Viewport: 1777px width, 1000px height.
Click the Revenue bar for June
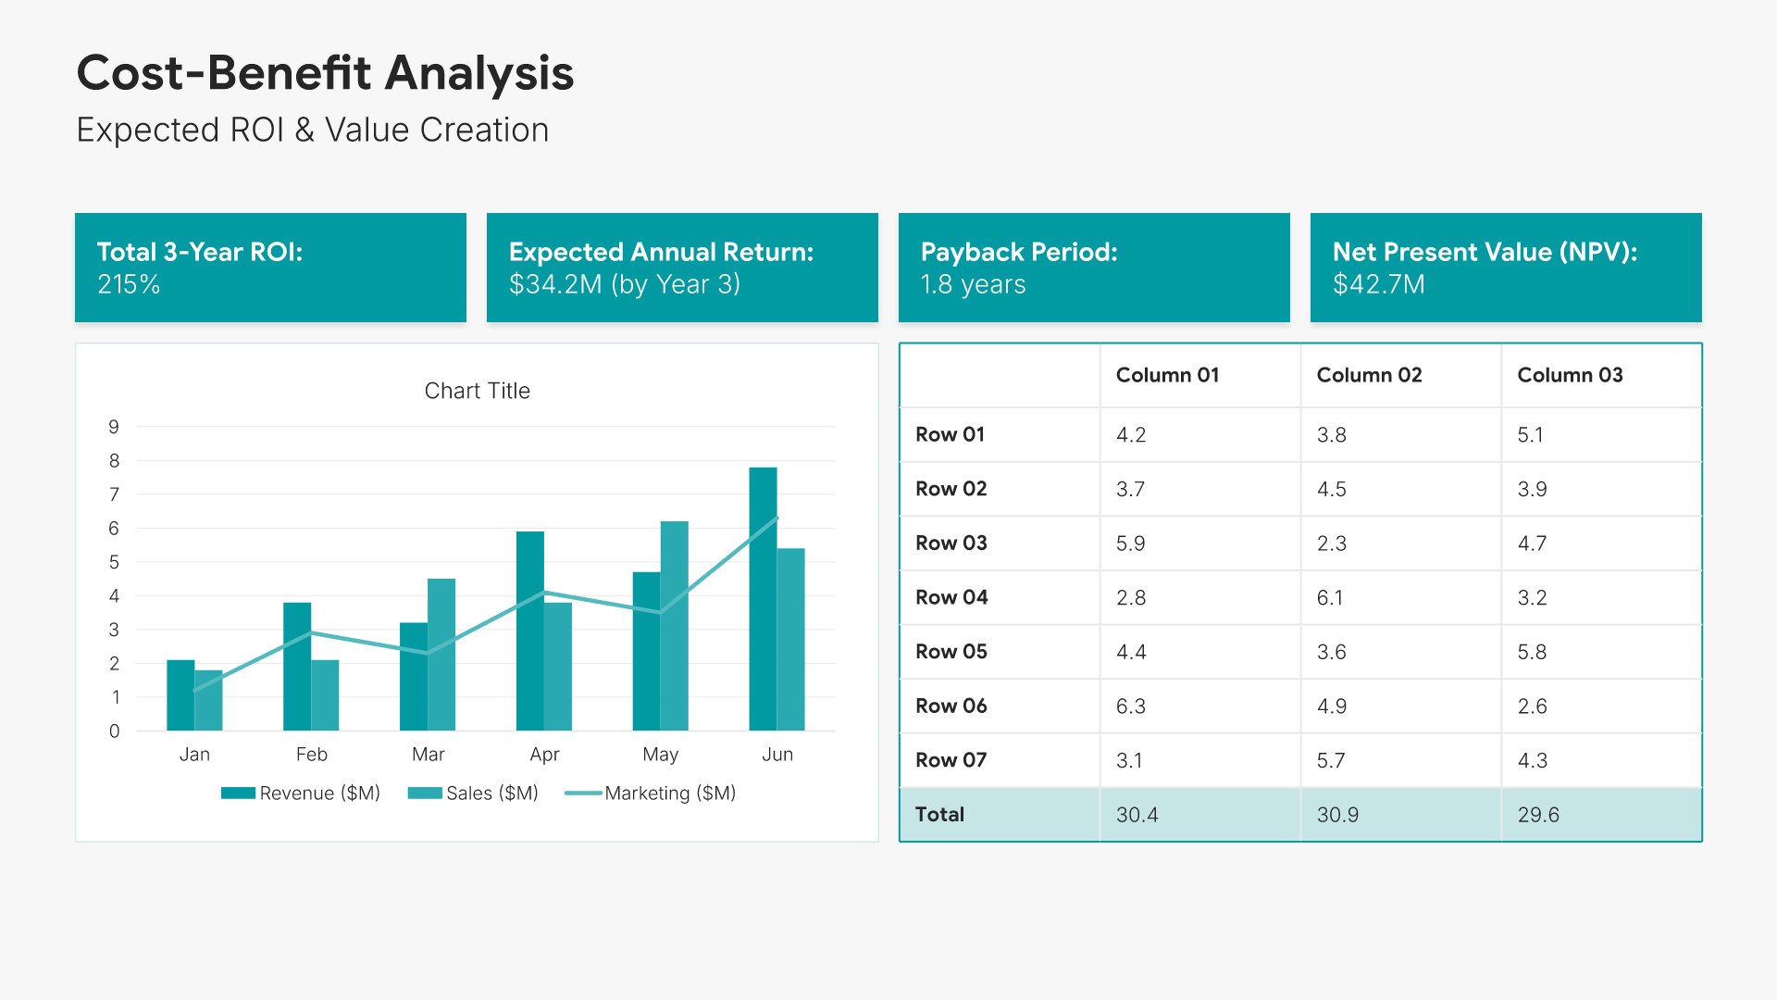763,599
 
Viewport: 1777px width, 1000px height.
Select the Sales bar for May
675,626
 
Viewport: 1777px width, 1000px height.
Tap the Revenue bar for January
180,695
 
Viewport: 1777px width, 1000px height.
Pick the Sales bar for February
325,695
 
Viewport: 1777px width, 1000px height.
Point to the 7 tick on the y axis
114,494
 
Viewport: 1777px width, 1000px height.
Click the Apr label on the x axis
544,755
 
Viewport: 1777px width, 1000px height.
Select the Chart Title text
477,391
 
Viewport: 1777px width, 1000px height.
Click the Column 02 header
1369,375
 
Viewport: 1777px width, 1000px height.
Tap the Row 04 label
951,597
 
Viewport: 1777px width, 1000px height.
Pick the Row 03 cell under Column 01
1130,544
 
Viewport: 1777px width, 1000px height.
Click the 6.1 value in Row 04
1330,598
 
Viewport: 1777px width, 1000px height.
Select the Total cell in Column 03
1538,815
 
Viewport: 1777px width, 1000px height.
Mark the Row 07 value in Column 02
1331,761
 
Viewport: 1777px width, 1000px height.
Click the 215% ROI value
129,284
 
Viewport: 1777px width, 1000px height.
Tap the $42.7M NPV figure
1378,284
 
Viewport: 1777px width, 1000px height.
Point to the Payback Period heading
1019,252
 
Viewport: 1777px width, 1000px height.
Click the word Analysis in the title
479,73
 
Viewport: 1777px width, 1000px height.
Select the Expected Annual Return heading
661,252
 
